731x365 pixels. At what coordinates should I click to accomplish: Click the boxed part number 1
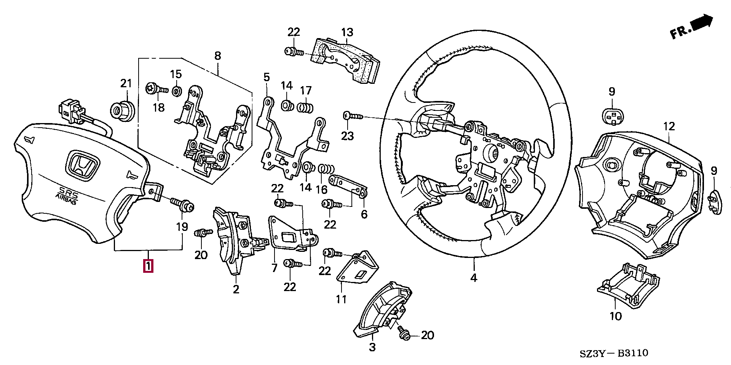point(148,266)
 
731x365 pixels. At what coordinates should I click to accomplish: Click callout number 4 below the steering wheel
point(474,278)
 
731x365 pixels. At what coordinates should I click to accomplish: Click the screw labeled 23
point(353,116)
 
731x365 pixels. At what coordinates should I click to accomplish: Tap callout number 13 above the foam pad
point(347,32)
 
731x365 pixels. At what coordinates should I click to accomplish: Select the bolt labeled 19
point(183,204)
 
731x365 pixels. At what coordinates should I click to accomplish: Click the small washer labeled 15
point(176,91)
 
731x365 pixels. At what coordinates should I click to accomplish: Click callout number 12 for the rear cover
point(669,126)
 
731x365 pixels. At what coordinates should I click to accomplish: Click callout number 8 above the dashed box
point(218,56)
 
